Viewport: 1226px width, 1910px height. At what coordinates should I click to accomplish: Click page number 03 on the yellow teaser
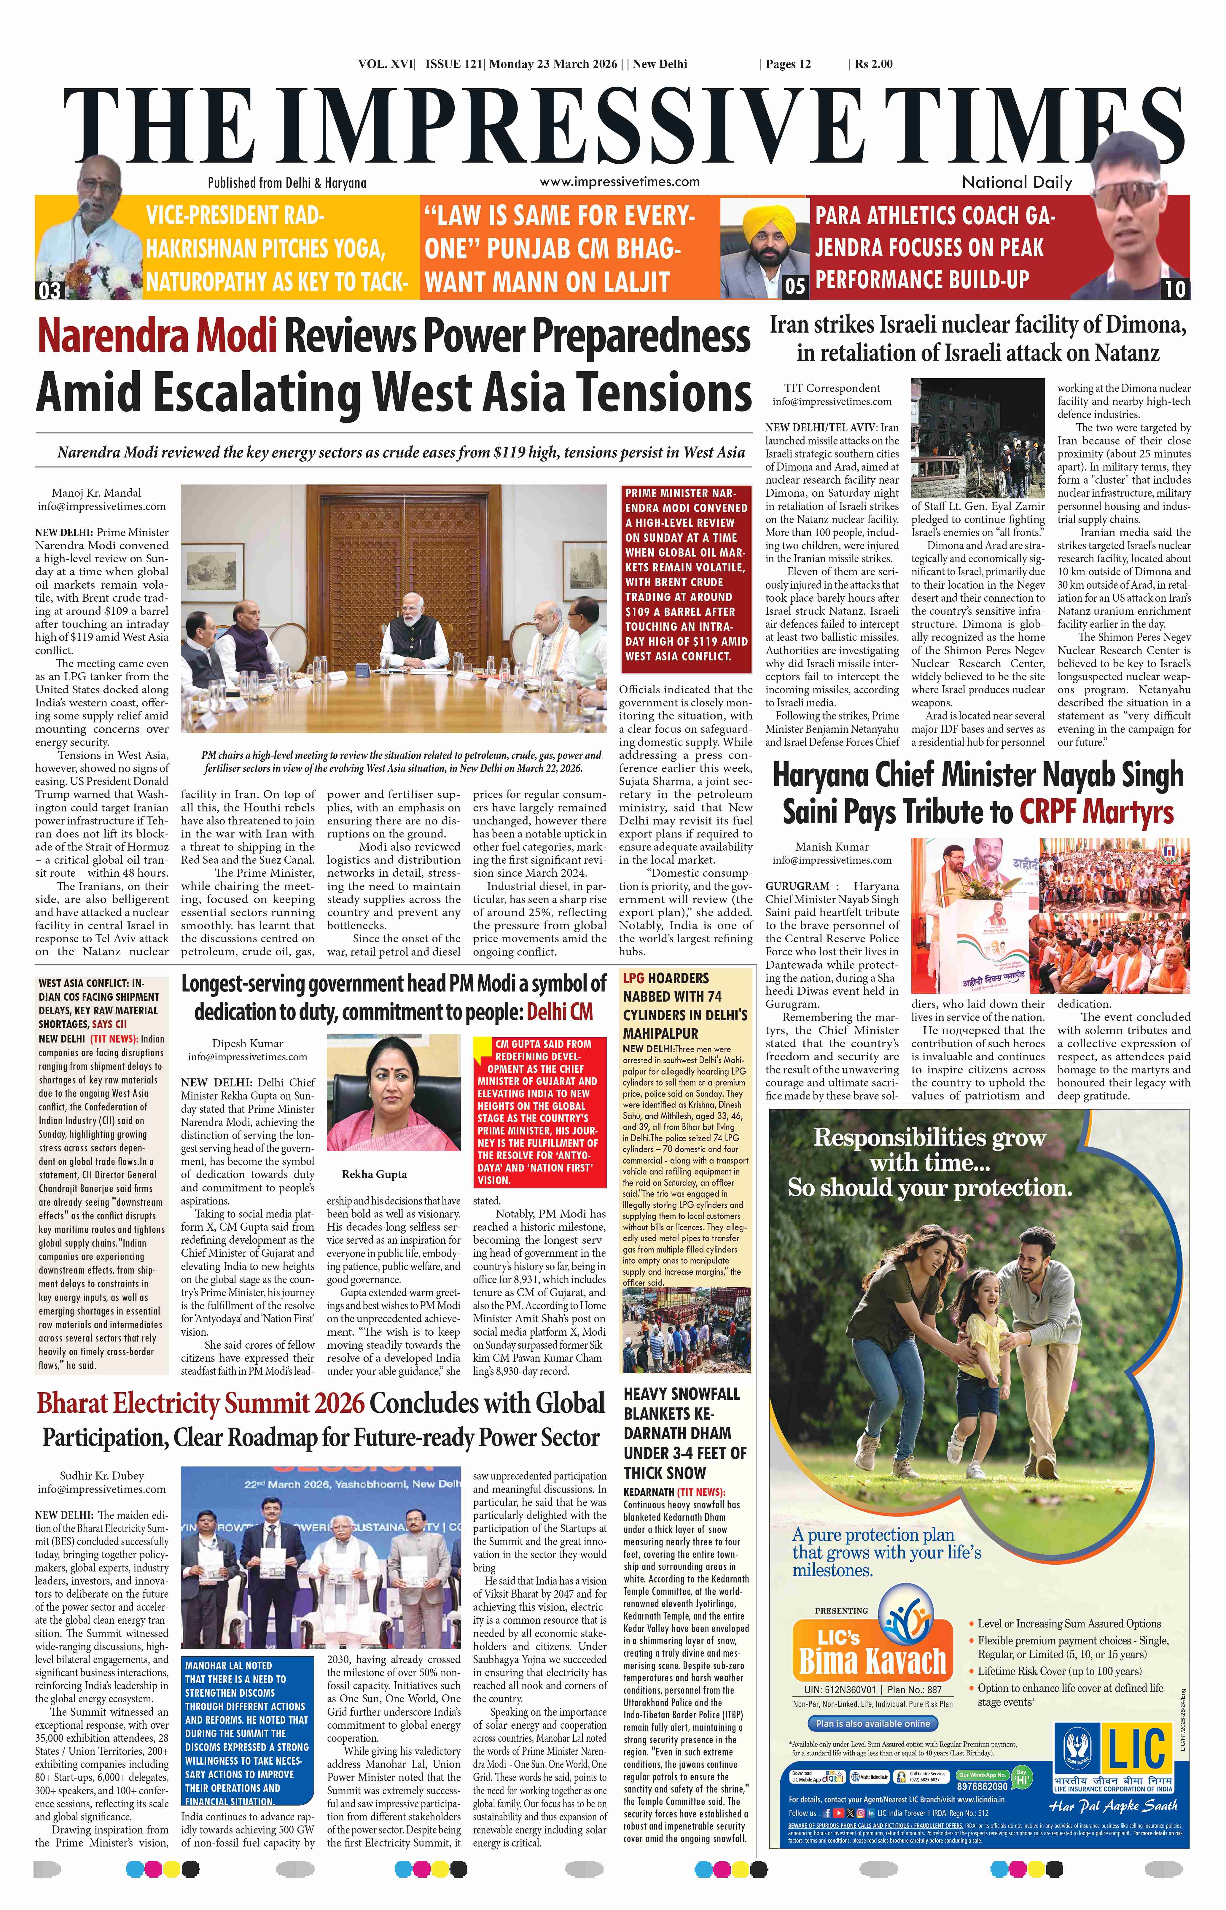49,290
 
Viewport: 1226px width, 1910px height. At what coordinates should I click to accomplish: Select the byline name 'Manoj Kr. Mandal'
96,493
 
